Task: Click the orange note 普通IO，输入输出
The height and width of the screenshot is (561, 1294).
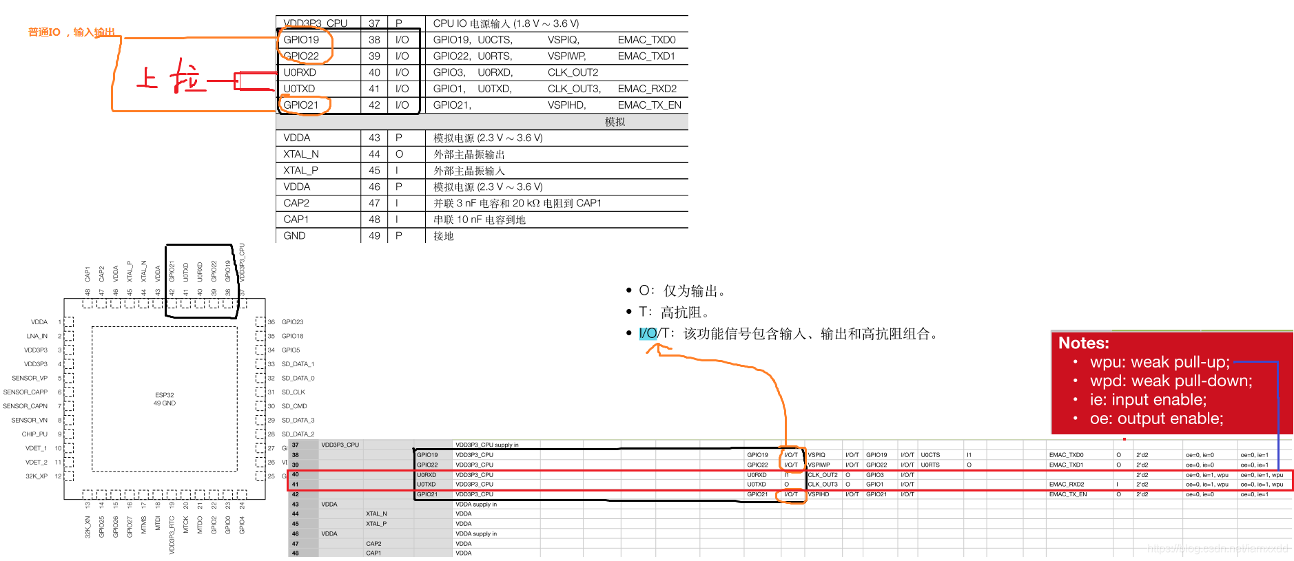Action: point(71,32)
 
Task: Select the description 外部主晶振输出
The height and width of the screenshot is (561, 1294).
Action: point(469,154)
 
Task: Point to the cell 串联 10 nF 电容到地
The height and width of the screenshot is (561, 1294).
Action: point(479,220)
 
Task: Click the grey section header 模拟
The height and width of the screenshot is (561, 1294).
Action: point(615,122)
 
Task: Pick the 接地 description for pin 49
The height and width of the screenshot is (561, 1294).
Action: point(443,236)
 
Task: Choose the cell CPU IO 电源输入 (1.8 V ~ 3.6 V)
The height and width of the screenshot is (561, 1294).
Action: point(506,23)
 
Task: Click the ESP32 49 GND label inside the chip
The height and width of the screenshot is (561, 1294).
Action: point(165,399)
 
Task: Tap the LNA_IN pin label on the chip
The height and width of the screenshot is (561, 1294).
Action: point(37,336)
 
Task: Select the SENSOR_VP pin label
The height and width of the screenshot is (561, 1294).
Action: point(30,378)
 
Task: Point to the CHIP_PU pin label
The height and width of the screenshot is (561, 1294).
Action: point(34,434)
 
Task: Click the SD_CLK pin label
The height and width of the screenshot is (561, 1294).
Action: point(293,392)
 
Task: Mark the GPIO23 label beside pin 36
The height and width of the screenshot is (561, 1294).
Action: point(292,322)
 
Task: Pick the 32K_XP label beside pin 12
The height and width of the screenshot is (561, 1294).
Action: point(37,476)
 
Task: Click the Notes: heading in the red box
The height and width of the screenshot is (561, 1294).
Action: point(1083,343)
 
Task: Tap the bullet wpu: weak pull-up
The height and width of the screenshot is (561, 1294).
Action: point(1159,362)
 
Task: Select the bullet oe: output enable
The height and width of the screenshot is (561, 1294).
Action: point(1156,419)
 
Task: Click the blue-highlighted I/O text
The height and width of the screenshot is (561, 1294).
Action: point(648,334)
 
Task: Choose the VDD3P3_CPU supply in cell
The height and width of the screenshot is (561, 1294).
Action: point(486,445)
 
